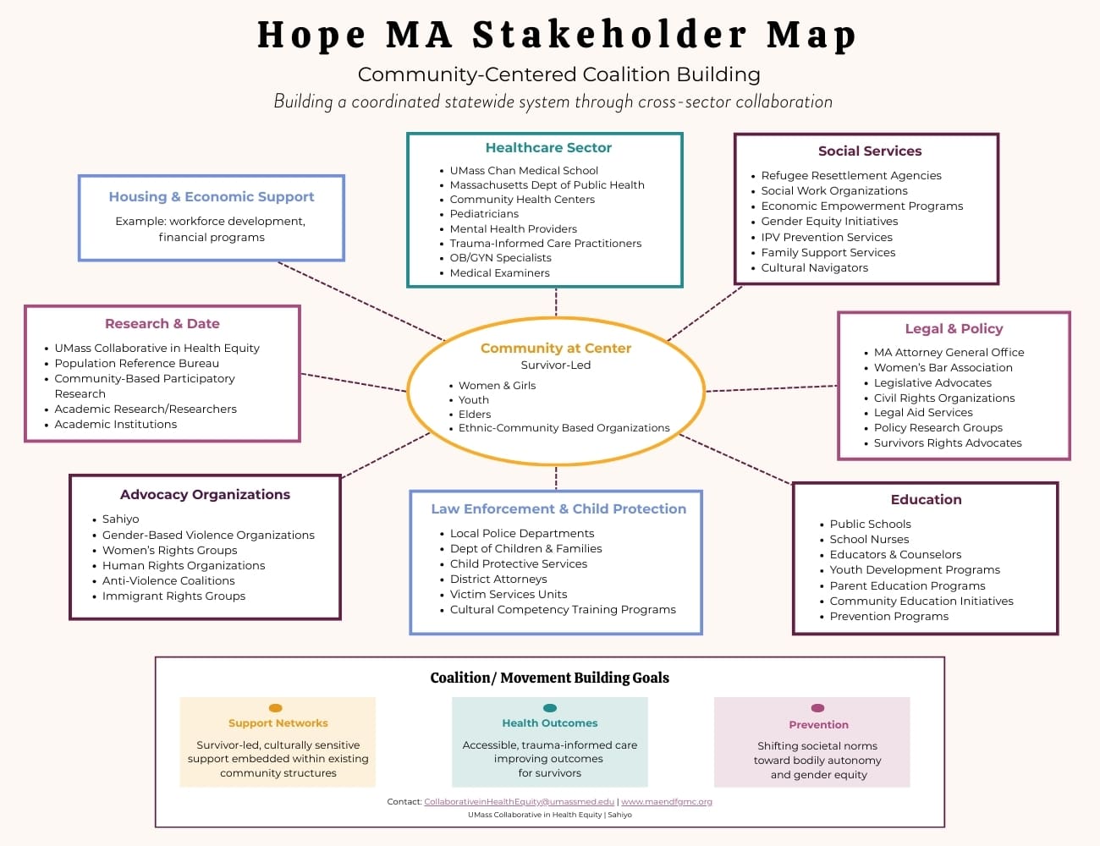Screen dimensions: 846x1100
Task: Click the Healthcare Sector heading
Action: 548,148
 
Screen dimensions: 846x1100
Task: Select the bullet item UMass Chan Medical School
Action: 524,171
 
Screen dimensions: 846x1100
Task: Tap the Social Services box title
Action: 870,151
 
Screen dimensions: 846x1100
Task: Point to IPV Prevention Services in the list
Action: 827,238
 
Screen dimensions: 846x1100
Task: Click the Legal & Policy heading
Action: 954,329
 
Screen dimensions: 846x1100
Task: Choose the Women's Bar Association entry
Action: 943,368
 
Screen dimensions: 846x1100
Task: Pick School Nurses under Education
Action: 869,540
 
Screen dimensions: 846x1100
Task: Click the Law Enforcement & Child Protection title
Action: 558,509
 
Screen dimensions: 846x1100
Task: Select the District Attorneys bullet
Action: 498,580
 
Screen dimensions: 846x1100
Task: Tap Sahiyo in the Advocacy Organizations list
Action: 120,519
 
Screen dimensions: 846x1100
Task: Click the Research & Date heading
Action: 162,324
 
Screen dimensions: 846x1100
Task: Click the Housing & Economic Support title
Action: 212,197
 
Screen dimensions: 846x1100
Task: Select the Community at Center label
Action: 556,349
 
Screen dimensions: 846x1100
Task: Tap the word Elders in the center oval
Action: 475,415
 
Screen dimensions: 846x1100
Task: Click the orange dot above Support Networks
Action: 275,708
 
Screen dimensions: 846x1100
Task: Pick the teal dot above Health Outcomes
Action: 550,708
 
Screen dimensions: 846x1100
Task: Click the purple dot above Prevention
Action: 817,708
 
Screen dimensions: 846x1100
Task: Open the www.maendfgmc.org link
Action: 667,802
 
